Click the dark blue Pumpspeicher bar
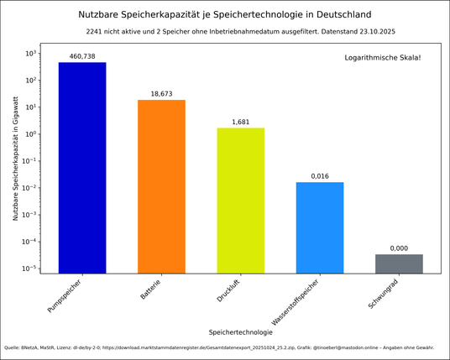click(82, 168)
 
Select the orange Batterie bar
click(161, 186)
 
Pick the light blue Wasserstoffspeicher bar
click(320, 227)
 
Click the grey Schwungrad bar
click(399, 263)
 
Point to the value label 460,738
click(82, 56)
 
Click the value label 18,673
click(161, 94)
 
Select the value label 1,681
click(240, 122)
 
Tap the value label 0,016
click(320, 176)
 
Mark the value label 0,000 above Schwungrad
click(399, 248)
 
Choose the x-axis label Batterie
click(150, 290)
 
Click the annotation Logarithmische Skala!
click(383, 57)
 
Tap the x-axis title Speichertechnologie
click(240, 332)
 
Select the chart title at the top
click(224, 14)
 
